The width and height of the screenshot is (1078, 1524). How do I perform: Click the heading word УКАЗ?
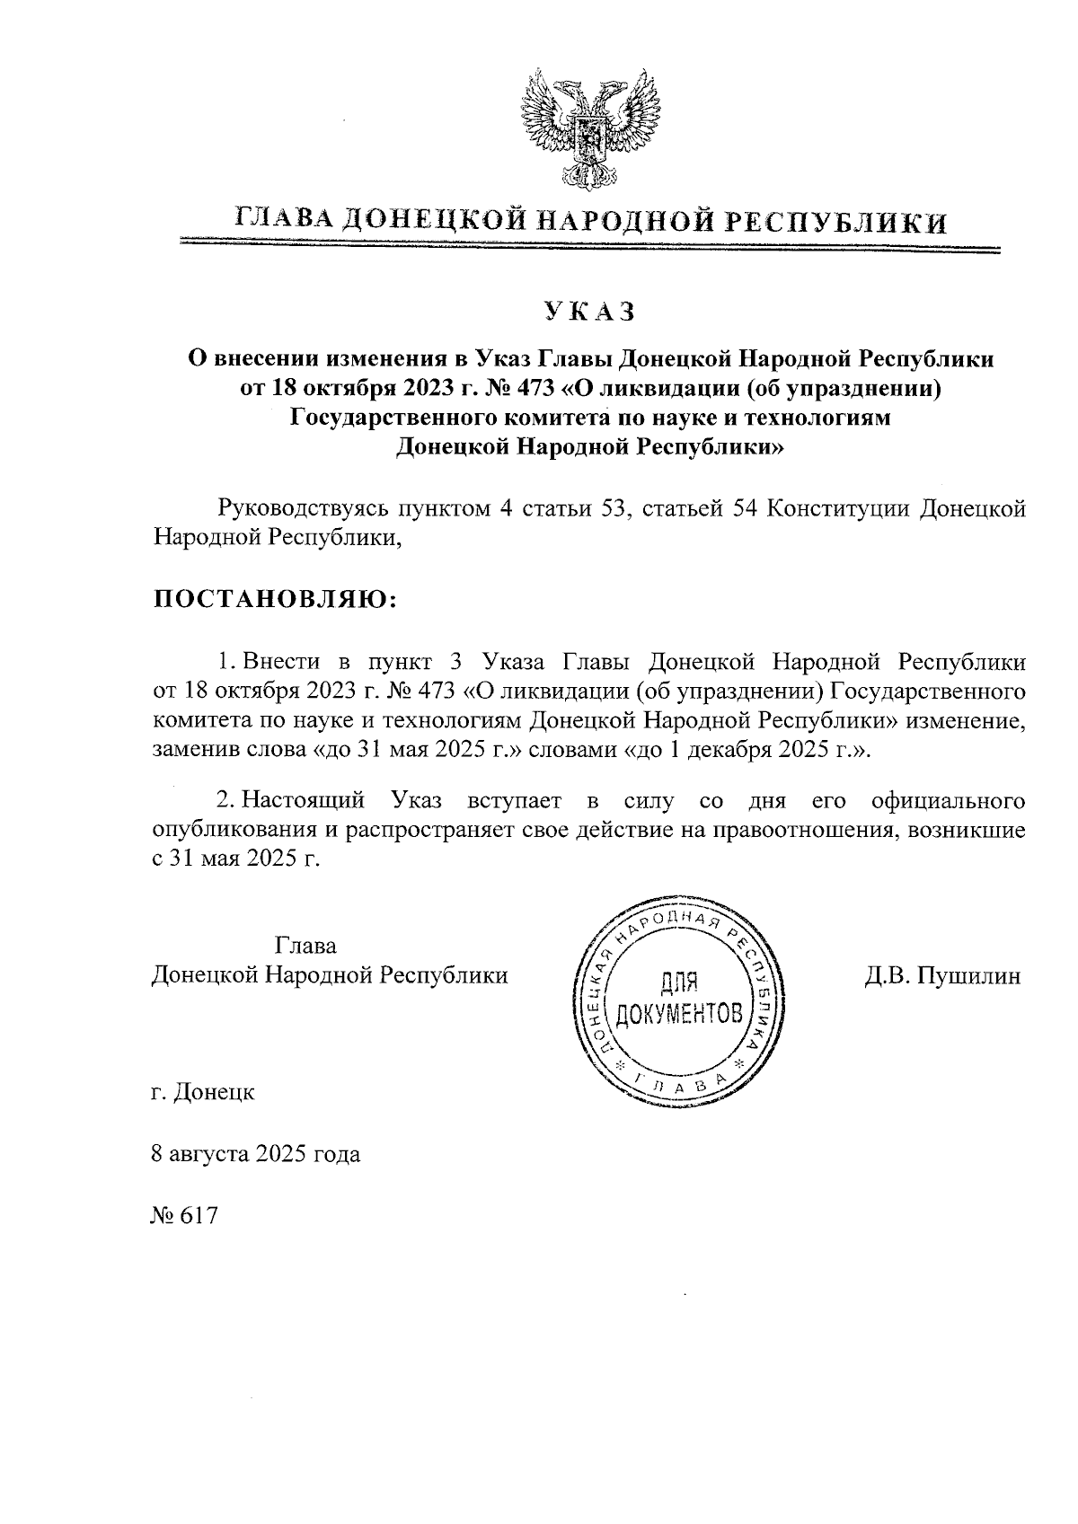click(x=589, y=312)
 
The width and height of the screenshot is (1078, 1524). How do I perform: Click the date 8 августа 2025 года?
click(x=256, y=1154)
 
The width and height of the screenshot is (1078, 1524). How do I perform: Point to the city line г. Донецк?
click(x=203, y=1093)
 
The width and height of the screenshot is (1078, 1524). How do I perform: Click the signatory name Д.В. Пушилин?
click(x=942, y=976)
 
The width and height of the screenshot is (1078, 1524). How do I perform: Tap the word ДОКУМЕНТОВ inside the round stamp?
click(x=679, y=1016)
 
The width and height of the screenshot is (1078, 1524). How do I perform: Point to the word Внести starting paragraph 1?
click(x=281, y=663)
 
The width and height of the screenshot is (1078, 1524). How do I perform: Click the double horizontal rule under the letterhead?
click(x=589, y=245)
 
